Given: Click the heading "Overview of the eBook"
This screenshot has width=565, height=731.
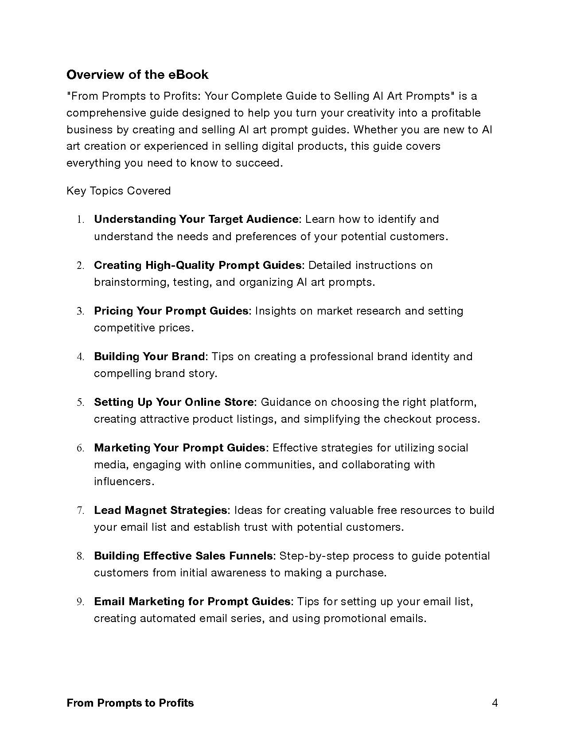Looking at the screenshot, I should [137, 74].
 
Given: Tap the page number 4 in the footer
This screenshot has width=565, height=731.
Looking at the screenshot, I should [495, 703].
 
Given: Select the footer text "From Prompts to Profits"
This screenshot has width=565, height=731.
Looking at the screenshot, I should [130, 703].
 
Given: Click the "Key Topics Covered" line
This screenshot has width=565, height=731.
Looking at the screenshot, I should [118, 191].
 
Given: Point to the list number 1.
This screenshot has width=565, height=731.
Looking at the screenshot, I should [80, 220].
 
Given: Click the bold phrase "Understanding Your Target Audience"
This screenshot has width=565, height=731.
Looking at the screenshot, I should [197, 219].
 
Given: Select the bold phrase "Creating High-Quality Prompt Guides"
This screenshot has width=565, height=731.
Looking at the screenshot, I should [198, 265].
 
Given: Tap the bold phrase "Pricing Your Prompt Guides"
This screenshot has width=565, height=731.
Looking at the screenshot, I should [171, 311].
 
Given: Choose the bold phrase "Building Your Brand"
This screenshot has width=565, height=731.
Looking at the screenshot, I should [150, 357].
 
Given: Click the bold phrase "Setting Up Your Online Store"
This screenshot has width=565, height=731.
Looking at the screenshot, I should [174, 402].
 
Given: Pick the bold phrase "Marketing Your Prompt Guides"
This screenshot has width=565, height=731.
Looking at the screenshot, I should [179, 448].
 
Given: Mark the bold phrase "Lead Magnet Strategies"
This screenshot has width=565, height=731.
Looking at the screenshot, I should [160, 510].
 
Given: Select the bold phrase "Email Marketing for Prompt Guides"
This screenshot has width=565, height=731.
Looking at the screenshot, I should [193, 602].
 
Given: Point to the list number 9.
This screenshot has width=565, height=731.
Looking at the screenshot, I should [80, 602].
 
